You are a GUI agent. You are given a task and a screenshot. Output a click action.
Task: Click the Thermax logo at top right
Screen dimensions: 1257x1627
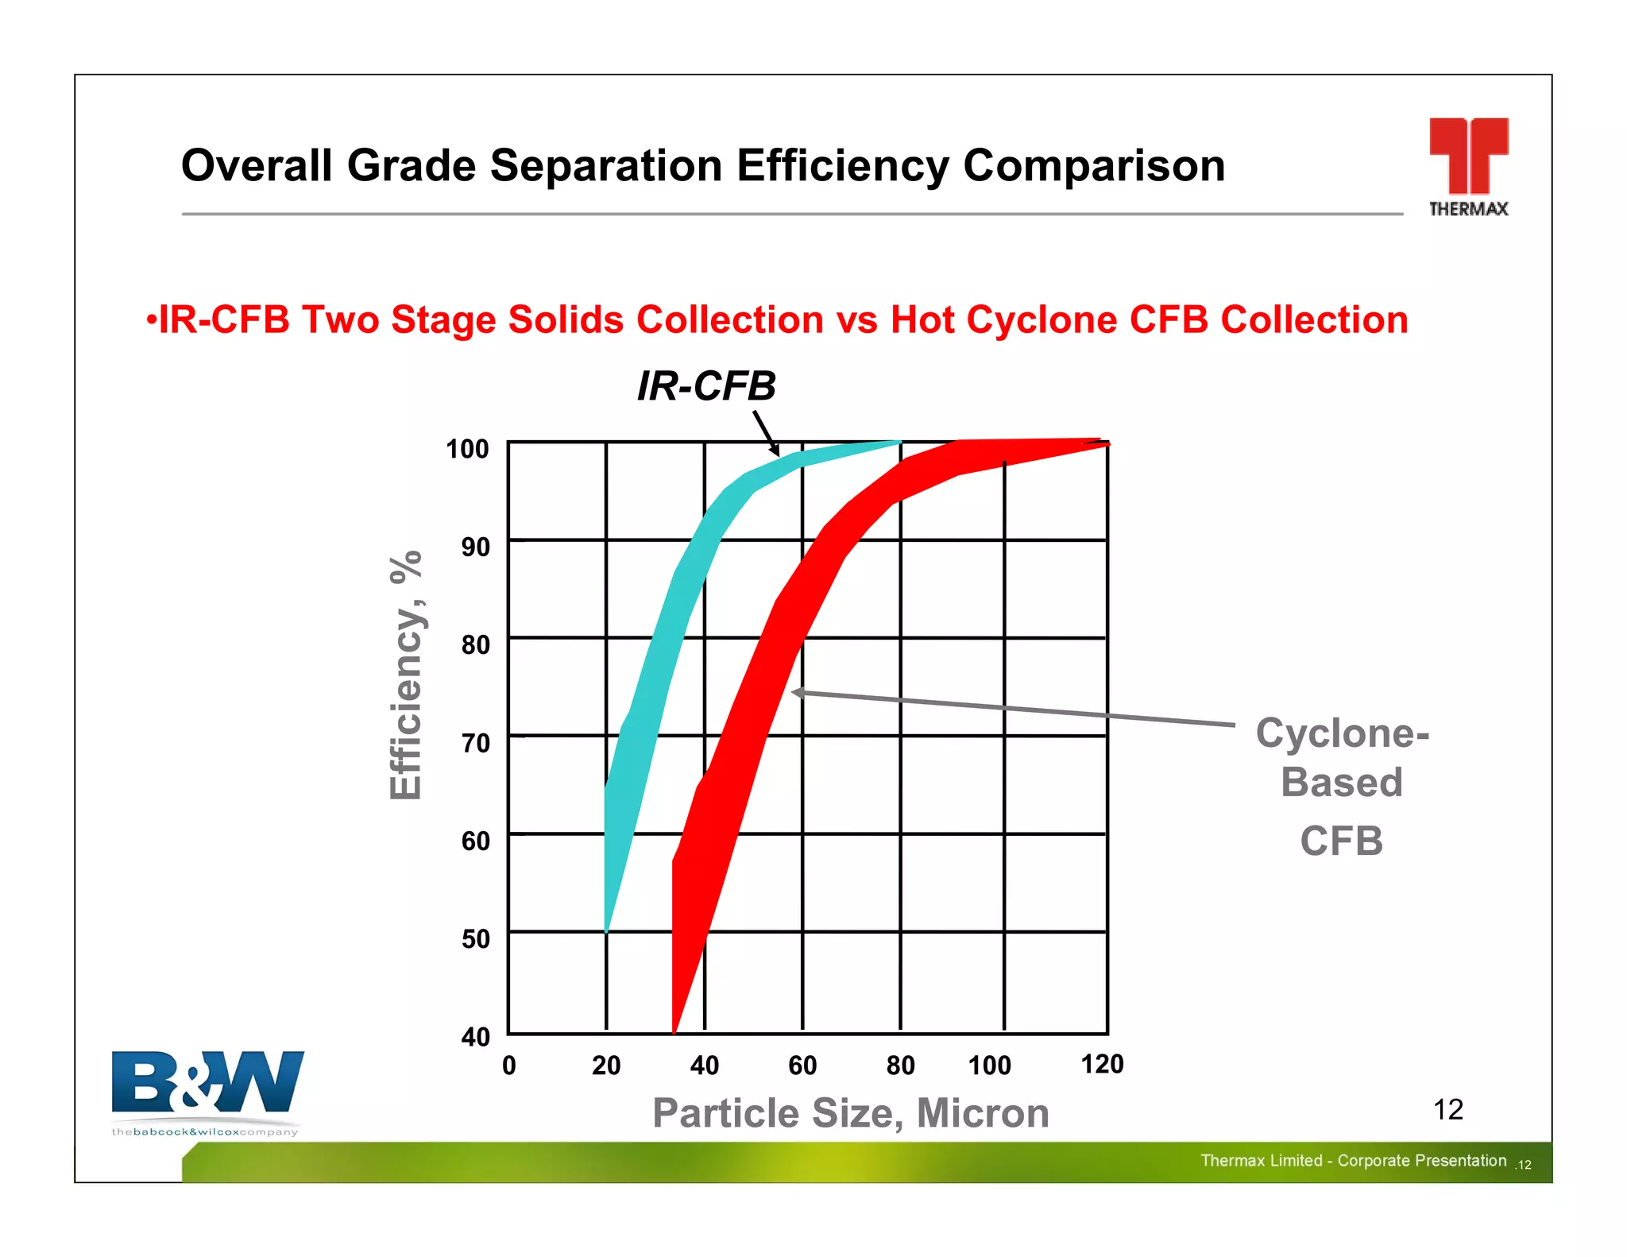(1468, 165)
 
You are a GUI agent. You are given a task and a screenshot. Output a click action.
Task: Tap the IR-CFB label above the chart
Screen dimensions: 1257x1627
(706, 386)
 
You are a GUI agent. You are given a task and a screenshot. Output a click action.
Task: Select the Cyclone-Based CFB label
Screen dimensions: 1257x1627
(1342, 785)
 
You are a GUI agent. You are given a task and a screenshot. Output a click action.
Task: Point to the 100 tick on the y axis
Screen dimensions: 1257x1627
(467, 449)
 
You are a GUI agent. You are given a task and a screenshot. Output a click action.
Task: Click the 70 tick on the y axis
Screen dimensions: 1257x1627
(475, 743)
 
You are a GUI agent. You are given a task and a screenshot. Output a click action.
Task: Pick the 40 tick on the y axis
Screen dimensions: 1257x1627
(475, 1037)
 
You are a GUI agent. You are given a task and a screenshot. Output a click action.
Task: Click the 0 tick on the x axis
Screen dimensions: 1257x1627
(509, 1066)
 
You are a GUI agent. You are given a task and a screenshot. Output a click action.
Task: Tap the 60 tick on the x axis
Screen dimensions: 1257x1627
(802, 1066)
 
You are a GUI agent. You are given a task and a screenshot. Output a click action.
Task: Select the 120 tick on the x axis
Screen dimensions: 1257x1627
(1102, 1064)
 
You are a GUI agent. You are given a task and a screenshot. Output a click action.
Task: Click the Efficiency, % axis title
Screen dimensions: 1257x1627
(406, 675)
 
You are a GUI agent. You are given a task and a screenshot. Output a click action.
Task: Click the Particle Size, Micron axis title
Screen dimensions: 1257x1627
(850, 1112)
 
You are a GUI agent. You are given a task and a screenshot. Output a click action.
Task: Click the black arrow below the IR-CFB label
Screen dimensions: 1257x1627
(766, 432)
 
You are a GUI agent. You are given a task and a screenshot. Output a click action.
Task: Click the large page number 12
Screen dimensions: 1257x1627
(1447, 1109)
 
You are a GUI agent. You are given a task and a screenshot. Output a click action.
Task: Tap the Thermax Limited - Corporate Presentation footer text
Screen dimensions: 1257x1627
(1353, 1161)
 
